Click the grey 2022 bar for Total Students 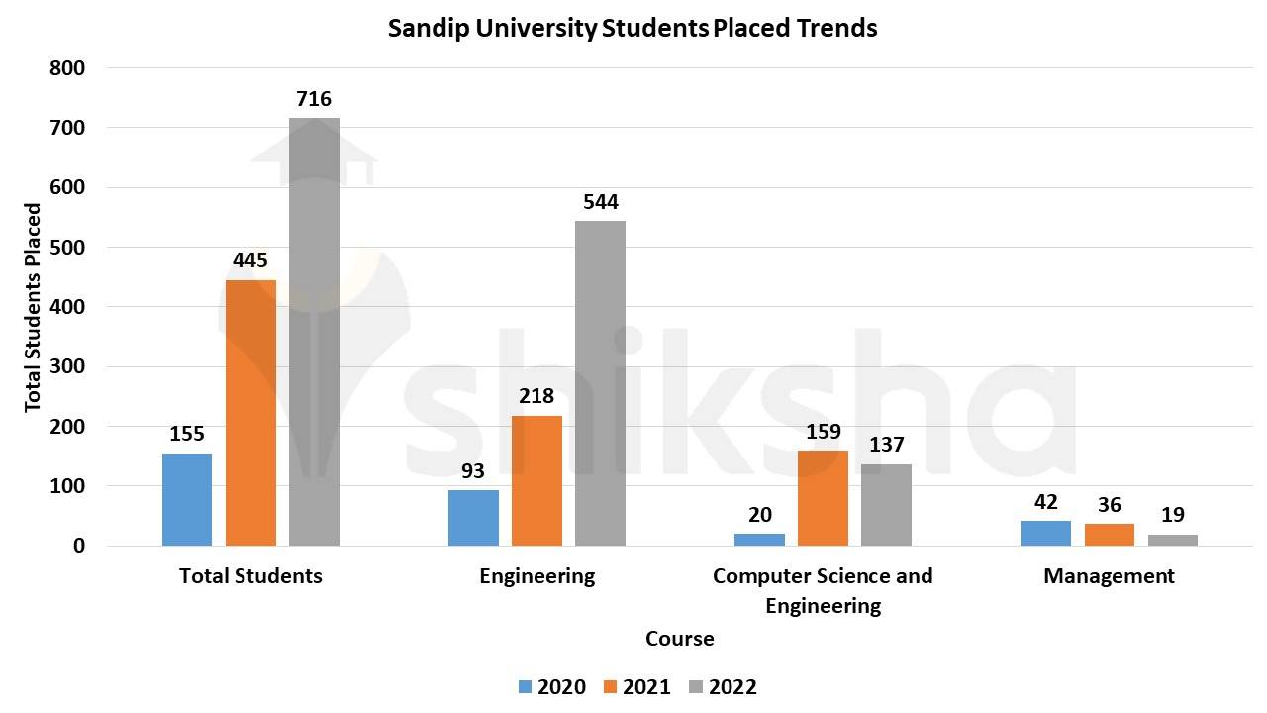tap(314, 332)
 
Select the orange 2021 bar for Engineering tap(536, 480)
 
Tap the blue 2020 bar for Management tap(1045, 533)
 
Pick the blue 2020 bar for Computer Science tap(759, 540)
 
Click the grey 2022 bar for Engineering tap(600, 383)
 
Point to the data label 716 tap(314, 99)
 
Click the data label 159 tap(823, 432)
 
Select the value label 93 tap(473, 470)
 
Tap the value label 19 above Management tap(1172, 515)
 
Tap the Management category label tap(1109, 576)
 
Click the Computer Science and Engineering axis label tap(823, 590)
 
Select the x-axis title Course tap(679, 639)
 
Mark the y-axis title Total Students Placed tap(34, 307)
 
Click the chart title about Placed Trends tap(633, 28)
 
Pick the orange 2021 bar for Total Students tap(250, 413)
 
